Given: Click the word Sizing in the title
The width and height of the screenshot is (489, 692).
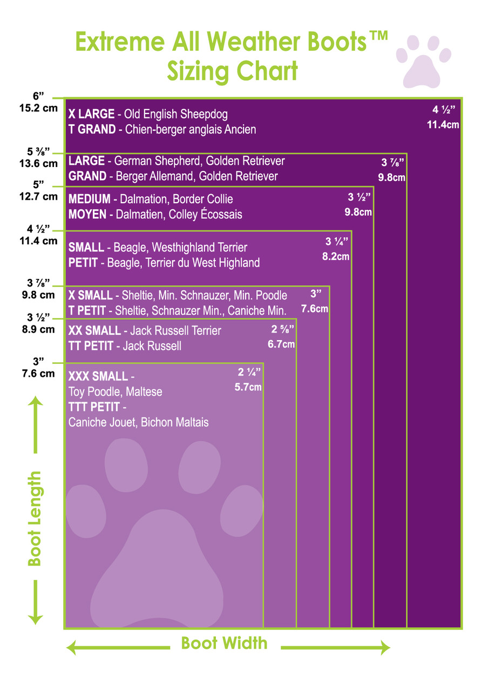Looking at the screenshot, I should [196, 71].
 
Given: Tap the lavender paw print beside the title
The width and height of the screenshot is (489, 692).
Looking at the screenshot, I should [424, 61].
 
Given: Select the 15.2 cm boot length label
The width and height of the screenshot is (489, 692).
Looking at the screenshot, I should [38, 108].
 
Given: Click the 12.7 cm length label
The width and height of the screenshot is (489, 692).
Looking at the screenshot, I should [39, 197].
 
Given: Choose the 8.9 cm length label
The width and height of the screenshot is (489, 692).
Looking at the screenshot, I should [39, 329].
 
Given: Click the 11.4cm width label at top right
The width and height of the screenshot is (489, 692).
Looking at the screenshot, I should [443, 125].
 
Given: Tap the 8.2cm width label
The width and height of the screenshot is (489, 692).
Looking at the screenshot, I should [336, 257].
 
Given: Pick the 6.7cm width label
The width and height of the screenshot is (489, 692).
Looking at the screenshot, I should [281, 344].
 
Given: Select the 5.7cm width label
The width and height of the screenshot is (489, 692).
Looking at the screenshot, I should [248, 387].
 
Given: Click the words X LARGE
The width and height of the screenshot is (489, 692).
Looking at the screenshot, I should [91, 114].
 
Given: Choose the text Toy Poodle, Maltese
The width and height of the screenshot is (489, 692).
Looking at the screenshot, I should [115, 392].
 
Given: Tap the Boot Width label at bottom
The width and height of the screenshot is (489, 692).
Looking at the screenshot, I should [224, 643].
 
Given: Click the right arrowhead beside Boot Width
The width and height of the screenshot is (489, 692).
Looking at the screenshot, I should [384, 647].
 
